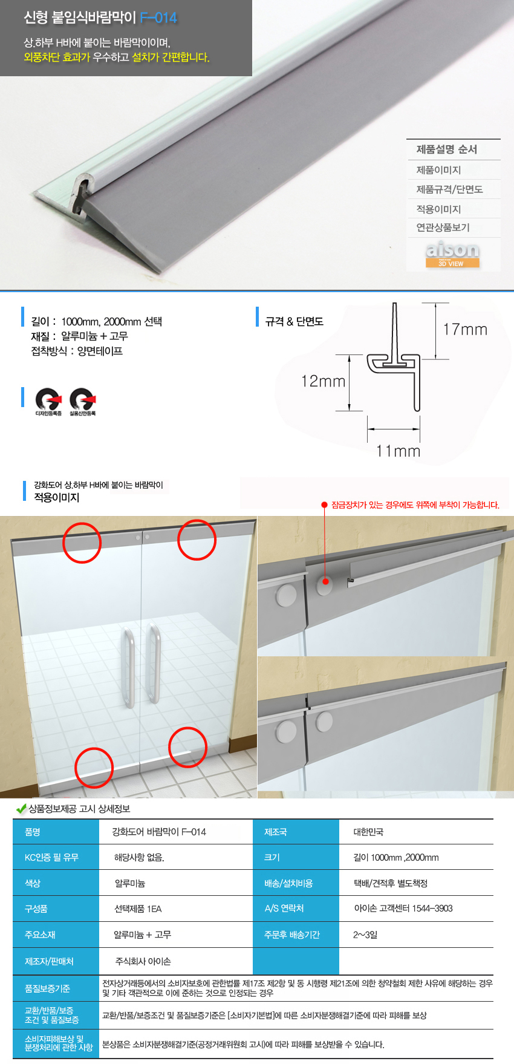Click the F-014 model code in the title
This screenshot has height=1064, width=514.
[x=158, y=18]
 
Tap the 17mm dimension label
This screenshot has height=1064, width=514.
[x=465, y=330]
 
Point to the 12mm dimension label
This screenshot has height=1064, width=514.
[x=324, y=381]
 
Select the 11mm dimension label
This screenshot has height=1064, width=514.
[x=398, y=451]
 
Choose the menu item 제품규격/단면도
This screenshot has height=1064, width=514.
[x=449, y=189]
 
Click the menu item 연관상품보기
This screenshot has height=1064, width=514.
[x=443, y=227]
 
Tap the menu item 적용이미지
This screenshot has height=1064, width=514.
[x=438, y=209]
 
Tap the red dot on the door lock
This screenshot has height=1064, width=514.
[x=325, y=581]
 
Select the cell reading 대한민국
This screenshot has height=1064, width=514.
[x=368, y=832]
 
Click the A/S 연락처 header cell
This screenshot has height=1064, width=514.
[x=284, y=909]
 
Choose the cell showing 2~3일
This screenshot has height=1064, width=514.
[x=365, y=935]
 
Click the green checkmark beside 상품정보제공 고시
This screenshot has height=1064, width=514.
[x=21, y=809]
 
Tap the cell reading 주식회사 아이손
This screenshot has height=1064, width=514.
[x=143, y=961]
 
